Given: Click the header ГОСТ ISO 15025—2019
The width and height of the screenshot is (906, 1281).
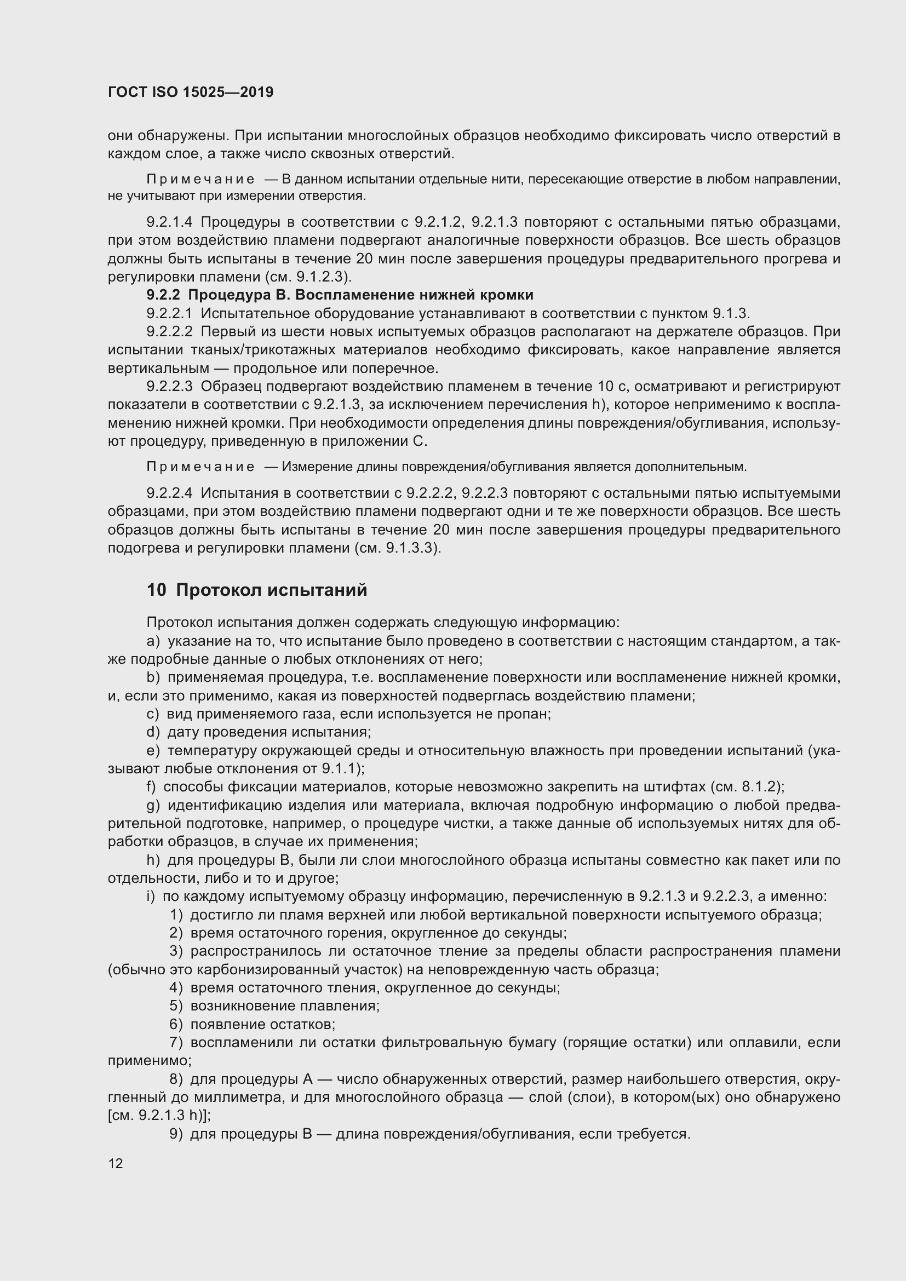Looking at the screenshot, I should click(190, 92).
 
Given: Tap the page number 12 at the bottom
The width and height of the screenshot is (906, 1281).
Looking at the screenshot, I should click(116, 1163).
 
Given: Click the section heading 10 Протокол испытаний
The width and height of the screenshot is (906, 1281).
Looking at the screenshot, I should click(256, 590).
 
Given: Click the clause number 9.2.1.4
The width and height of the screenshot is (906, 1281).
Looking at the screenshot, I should click(169, 222).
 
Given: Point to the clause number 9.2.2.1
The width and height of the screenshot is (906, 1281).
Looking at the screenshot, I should click(169, 313).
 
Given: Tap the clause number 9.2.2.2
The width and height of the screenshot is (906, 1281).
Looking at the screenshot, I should click(169, 331).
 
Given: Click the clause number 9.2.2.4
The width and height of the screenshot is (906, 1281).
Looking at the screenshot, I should click(169, 493).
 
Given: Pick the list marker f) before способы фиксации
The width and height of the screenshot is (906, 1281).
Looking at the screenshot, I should click(151, 786).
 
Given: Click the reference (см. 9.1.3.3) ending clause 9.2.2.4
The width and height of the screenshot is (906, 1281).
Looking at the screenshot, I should click(397, 548).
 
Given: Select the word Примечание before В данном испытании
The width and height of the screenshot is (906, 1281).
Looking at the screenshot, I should click(200, 180).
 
